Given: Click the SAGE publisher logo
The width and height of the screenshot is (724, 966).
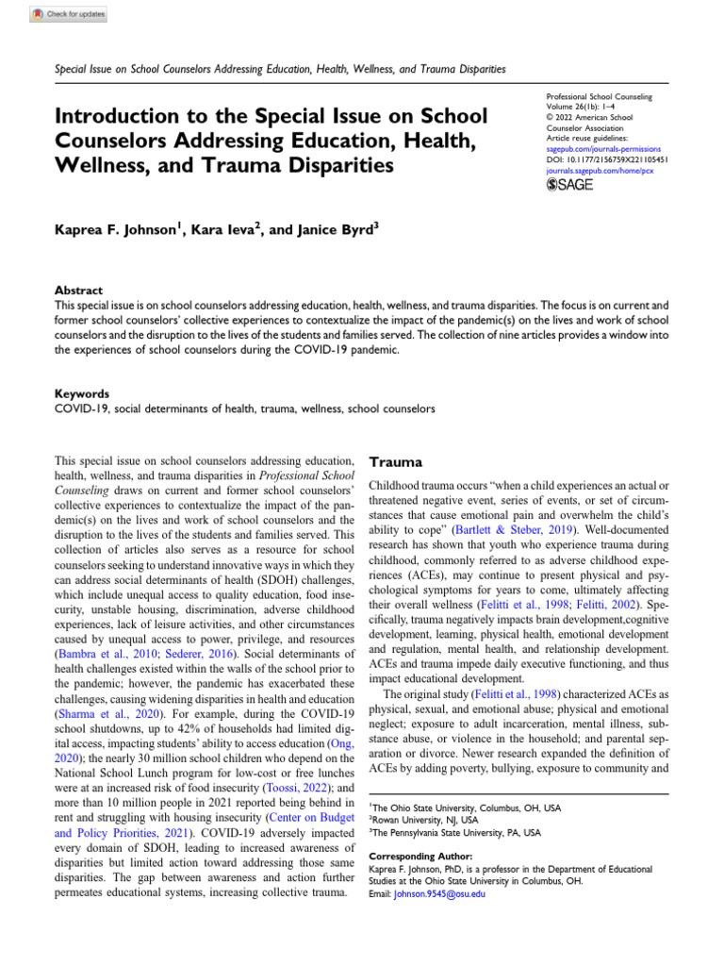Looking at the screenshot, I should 569,185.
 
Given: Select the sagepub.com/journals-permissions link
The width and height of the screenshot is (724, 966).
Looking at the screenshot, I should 603,149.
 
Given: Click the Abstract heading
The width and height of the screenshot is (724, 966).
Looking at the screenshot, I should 80,291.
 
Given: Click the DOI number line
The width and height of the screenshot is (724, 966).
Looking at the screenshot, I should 607,160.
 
